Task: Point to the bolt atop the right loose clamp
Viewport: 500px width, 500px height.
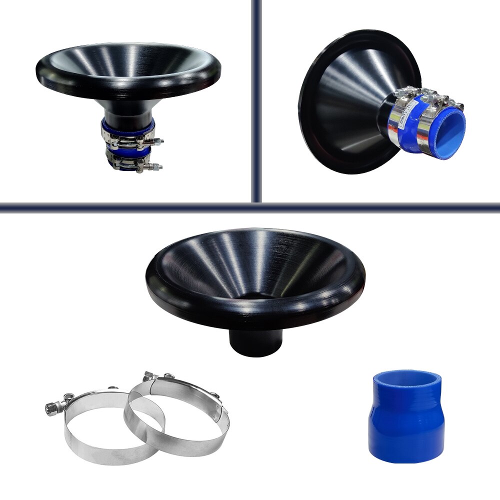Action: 148,375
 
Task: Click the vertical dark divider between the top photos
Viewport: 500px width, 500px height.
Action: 256,100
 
